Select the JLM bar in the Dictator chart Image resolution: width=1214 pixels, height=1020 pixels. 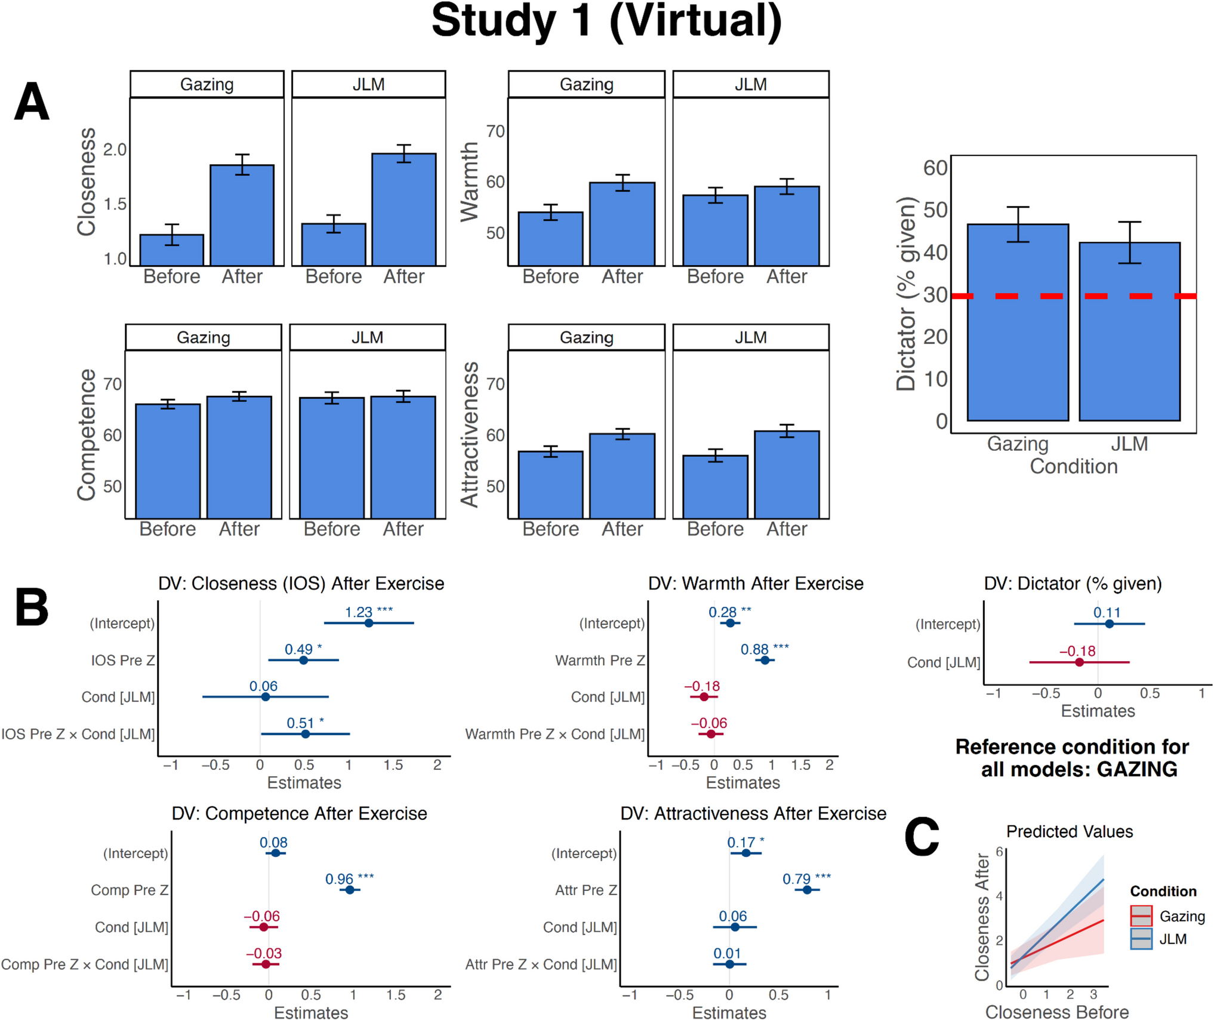[x=1129, y=331]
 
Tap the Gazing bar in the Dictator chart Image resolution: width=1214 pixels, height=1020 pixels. [x=1018, y=322]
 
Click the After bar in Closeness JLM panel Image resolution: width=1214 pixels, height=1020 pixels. [x=404, y=210]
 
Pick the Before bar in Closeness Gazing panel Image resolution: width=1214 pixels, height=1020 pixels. [x=172, y=250]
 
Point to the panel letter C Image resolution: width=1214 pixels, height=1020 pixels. [x=922, y=837]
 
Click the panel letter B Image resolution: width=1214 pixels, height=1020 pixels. [x=32, y=607]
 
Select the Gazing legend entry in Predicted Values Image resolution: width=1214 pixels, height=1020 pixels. [x=1167, y=915]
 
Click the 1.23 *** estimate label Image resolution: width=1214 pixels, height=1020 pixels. [x=369, y=612]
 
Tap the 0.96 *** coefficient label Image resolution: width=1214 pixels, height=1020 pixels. [x=349, y=878]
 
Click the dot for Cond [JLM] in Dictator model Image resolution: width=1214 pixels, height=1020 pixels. [x=1079, y=662]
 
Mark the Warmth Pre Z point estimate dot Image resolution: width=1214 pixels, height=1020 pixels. [x=765, y=660]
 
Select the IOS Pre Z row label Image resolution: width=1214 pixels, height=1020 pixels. [x=123, y=660]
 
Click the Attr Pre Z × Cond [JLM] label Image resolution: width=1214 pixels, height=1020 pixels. [x=541, y=964]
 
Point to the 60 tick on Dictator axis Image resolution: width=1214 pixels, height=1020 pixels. [x=935, y=168]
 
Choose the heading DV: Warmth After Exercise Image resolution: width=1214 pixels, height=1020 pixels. [x=756, y=583]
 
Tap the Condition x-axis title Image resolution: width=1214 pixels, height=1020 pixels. [x=1074, y=466]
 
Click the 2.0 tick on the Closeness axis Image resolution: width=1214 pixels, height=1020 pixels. [x=115, y=149]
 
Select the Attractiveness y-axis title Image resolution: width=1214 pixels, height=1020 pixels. [x=470, y=434]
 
